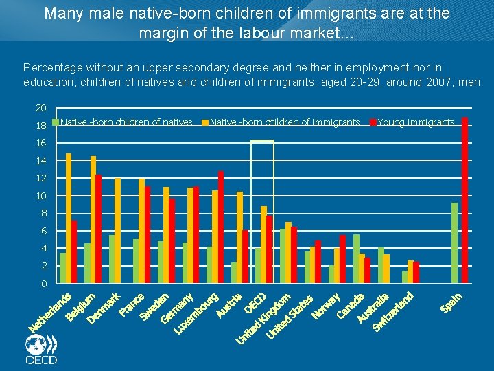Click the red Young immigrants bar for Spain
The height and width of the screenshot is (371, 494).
pos(465,200)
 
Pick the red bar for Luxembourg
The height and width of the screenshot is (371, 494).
pos(221,227)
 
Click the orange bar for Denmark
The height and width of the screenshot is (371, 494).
pos(117,230)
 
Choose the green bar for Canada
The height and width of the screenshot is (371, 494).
pos(356,258)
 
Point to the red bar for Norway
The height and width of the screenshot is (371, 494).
pos(343,258)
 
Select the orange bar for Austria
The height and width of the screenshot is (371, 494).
pos(239,237)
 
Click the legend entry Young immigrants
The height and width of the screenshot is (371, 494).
pos(412,122)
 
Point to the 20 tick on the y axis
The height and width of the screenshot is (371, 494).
pos(41,109)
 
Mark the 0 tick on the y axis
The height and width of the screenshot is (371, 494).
pos(44,284)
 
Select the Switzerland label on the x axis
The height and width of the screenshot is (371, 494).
pos(393,311)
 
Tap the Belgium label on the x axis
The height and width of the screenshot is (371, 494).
pos(80,306)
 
